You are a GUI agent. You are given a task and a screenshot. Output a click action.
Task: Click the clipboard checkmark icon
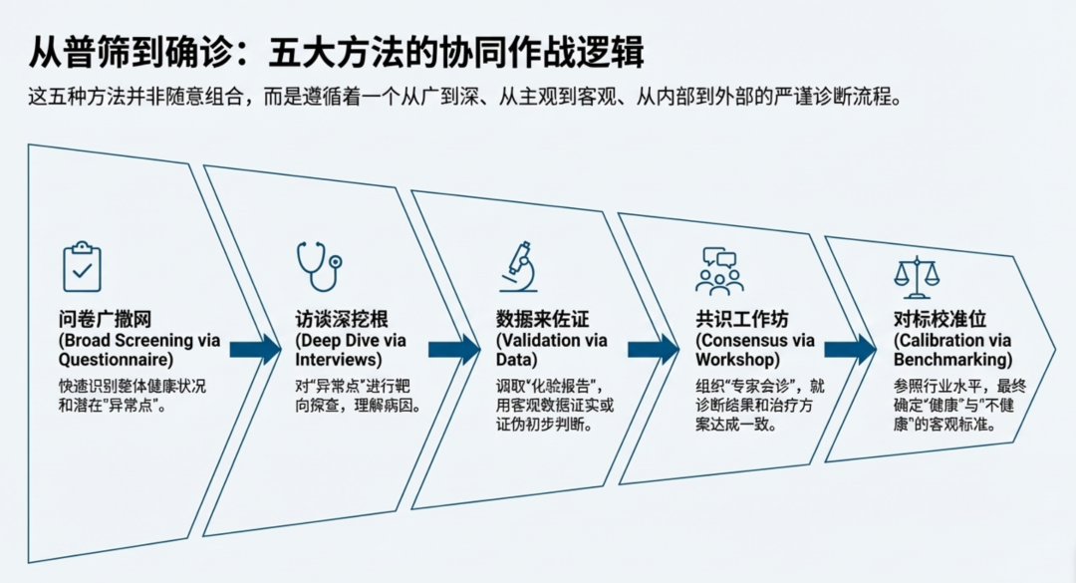(82, 266)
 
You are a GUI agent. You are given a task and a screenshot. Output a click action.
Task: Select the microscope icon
(519, 267)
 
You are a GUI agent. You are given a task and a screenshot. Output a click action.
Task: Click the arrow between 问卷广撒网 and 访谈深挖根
(255, 349)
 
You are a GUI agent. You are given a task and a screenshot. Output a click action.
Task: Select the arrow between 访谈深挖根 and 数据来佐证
(454, 349)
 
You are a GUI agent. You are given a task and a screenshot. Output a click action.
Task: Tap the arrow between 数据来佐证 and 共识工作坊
(653, 349)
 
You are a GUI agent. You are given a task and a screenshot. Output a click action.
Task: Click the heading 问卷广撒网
(103, 320)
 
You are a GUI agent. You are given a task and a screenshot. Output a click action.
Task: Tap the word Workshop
(738, 359)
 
